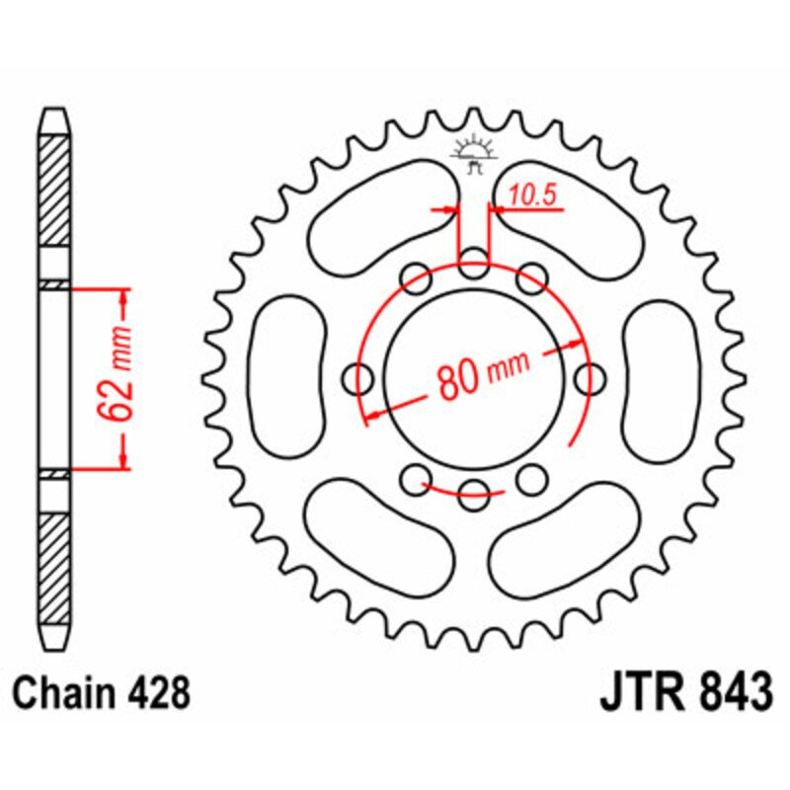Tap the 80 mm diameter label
[480, 372]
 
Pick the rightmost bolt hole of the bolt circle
[591, 377]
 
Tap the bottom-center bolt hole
[474, 491]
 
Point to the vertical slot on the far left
[285, 376]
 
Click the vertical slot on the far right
[663, 376]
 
